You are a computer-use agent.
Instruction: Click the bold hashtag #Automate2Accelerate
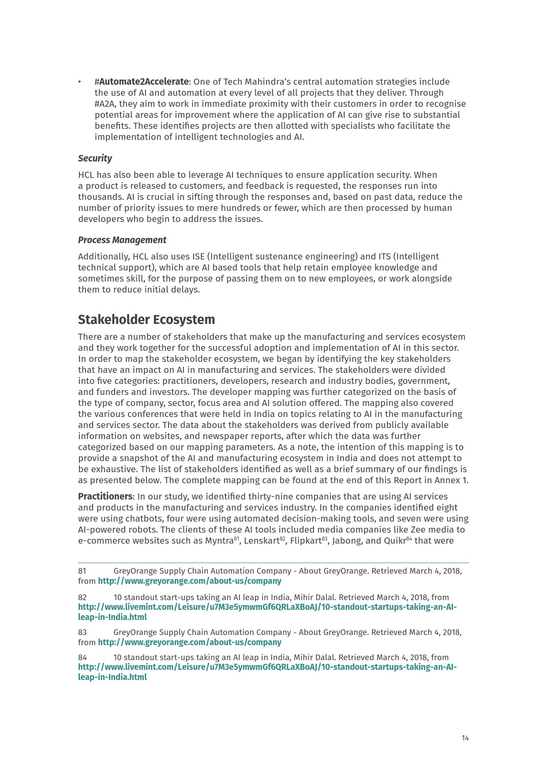click(x=142, y=82)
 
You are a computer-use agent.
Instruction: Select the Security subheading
click(x=95, y=158)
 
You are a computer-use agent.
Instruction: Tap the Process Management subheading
click(x=122, y=240)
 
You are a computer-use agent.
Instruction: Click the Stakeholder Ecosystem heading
click(x=146, y=319)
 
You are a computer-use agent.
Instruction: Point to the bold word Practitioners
click(x=105, y=496)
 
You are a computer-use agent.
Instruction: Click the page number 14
click(x=465, y=738)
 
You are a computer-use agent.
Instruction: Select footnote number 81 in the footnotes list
click(x=82, y=571)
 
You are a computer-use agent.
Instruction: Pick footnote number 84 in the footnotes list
click(x=82, y=658)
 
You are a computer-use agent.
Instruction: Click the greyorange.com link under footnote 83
click(x=189, y=642)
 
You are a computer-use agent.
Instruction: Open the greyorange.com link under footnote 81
click(x=189, y=581)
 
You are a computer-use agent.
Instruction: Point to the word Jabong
click(x=347, y=541)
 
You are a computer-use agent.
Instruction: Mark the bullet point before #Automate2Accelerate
click(x=79, y=82)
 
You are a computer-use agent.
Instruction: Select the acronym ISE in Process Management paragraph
click(x=198, y=256)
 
